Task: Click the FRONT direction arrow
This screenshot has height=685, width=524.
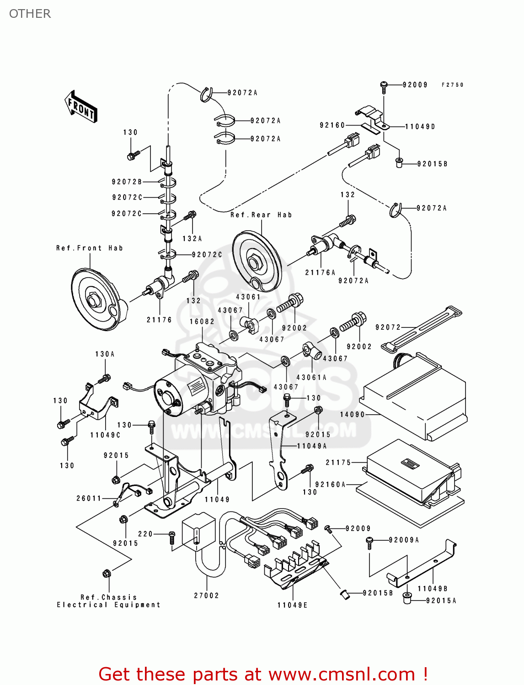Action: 81,107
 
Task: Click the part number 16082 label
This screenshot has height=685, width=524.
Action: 202,321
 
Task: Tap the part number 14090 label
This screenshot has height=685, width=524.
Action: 352,415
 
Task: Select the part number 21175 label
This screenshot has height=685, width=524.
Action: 338,463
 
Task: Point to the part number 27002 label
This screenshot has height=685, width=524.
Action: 206,595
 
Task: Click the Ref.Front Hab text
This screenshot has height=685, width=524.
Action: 90,248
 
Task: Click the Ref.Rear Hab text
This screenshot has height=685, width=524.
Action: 261,215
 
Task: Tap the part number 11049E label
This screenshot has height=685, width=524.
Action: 292,605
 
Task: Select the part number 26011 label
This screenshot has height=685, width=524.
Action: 89,498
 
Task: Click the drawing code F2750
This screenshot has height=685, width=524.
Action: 452,85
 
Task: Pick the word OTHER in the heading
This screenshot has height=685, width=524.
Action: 30,14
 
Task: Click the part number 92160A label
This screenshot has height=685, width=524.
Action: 331,485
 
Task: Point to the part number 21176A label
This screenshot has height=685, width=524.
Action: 320,273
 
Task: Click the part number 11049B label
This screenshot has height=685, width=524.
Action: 432,589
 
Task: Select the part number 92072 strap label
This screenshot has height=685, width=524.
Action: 388,327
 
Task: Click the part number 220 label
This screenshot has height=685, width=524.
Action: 145,534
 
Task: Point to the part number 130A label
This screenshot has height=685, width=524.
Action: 105,354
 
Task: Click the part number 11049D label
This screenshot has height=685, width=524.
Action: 420,126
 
